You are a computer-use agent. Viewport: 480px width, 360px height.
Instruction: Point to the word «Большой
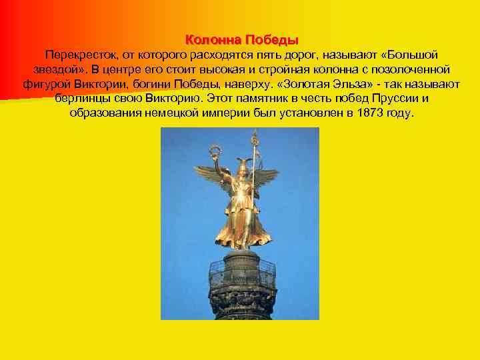click(409, 55)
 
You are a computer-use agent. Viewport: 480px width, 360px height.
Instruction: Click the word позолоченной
click(409, 69)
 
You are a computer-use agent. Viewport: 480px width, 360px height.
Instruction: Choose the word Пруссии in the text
click(395, 99)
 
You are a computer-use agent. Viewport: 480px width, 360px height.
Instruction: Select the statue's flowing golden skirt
click(243, 223)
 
